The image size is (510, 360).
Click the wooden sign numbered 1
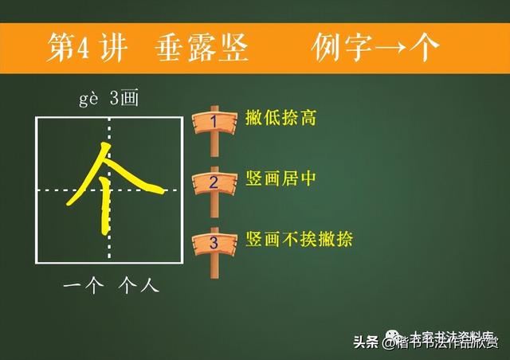click(x=214, y=121)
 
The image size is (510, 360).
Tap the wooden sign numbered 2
click(x=214, y=182)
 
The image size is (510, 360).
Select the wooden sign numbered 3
click(x=214, y=241)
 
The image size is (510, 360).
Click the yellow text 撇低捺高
click(x=281, y=119)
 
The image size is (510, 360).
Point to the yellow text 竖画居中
click(x=281, y=180)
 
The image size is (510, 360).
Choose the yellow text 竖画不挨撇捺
click(x=299, y=239)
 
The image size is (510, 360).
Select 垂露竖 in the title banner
click(x=200, y=47)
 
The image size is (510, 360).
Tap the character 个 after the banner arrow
click(x=427, y=47)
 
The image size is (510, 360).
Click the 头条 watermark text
click(x=366, y=342)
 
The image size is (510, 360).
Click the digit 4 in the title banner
click(x=80, y=48)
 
